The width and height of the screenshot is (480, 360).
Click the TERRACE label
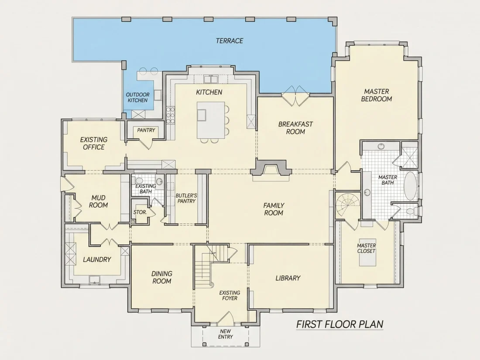point(229,41)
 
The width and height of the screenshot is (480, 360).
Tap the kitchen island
point(211,120)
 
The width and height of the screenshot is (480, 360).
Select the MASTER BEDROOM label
point(377,95)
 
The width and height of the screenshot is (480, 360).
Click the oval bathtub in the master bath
point(411,186)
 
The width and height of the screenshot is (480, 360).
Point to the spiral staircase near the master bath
point(348,205)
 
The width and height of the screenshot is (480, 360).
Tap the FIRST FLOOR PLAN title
point(340,324)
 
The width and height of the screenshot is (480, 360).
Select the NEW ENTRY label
point(226,334)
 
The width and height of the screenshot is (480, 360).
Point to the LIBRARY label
point(288,278)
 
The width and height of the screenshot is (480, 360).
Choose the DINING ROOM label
point(161,278)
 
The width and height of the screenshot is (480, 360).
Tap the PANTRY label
point(146,130)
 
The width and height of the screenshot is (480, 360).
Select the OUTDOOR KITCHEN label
point(138,98)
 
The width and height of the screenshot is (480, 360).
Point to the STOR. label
point(140,212)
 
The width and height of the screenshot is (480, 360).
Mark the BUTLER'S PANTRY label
point(186,198)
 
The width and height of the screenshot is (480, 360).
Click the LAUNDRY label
point(97,260)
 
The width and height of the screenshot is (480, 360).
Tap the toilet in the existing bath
point(139,181)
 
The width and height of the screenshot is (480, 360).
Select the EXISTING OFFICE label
point(94,143)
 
